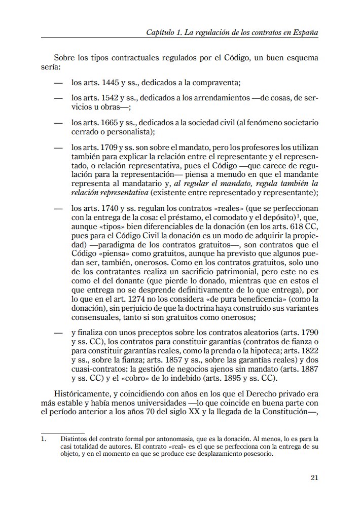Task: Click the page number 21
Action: [x=314, y=477]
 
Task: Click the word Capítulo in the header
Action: [x=161, y=32]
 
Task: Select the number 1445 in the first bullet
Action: [x=110, y=83]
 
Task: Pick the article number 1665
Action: [x=110, y=123]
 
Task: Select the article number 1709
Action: [x=110, y=148]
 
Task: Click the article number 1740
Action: [x=110, y=208]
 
